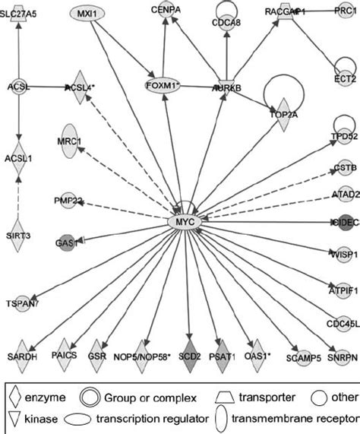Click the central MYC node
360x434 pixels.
[185, 223]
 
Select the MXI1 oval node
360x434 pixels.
[90, 13]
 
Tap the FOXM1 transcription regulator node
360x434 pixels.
[166, 85]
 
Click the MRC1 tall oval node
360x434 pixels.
[69, 141]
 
